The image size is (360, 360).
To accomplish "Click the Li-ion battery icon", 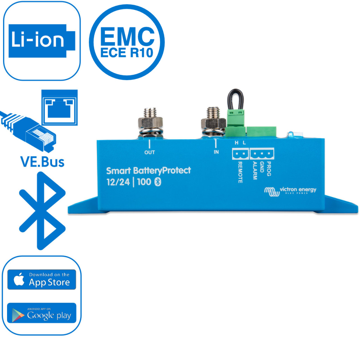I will pos(41,40).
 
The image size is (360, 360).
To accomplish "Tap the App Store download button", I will pos(41,279).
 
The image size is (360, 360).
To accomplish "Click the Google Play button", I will pos(41,313).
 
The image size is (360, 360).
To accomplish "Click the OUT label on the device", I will pos(149,153).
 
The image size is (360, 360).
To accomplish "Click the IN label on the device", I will pos(216,153).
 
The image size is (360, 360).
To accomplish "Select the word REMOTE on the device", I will pos(240,172).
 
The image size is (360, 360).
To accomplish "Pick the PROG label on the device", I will pos(269,168).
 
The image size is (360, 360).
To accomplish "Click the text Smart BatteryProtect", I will pos(148,171).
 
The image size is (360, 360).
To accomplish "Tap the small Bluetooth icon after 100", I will pos(158,182).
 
